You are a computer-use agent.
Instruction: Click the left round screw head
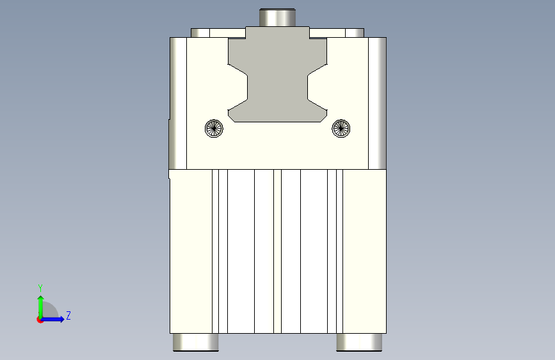pos(214,128)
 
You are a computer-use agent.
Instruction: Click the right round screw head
pos(341,128)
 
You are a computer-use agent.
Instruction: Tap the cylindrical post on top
pos(278,18)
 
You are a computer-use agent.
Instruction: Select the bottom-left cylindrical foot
pos(196,342)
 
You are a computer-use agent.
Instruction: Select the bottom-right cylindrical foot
pos(359,342)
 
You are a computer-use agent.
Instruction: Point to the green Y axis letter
pos(40,288)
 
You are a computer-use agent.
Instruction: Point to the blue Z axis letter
pos(68,315)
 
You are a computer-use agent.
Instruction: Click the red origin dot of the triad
pos(40,320)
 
